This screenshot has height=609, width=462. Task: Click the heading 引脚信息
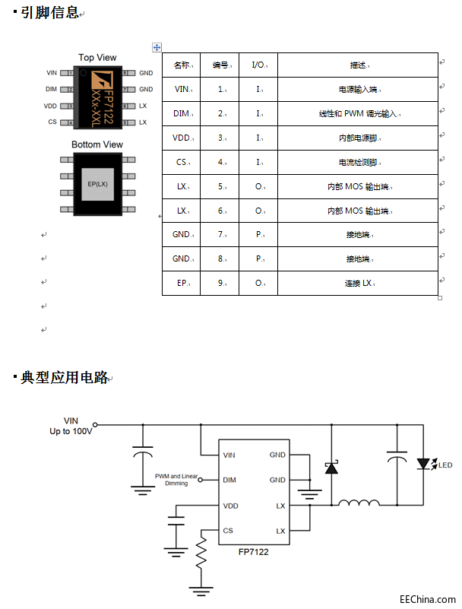[50, 13]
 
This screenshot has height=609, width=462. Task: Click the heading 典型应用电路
[64, 378]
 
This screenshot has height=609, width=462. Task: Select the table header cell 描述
[359, 65]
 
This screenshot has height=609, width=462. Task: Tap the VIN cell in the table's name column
[182, 90]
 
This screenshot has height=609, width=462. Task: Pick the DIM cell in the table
[182, 114]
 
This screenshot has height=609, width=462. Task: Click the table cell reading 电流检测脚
[357, 163]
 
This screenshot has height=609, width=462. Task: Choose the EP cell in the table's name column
[182, 284]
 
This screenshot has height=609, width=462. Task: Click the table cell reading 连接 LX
[359, 284]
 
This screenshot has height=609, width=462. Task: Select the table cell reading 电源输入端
[357, 90]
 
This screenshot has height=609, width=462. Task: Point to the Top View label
[97, 58]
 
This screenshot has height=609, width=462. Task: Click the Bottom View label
[97, 144]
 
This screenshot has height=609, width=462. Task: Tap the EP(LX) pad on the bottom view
[97, 184]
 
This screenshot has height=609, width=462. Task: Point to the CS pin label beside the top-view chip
[52, 122]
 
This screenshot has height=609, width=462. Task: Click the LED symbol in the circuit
[425, 464]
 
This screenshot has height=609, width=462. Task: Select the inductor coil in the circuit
[359, 503]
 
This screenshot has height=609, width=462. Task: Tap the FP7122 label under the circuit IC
[253, 553]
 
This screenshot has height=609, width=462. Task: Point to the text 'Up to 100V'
[71, 431]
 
